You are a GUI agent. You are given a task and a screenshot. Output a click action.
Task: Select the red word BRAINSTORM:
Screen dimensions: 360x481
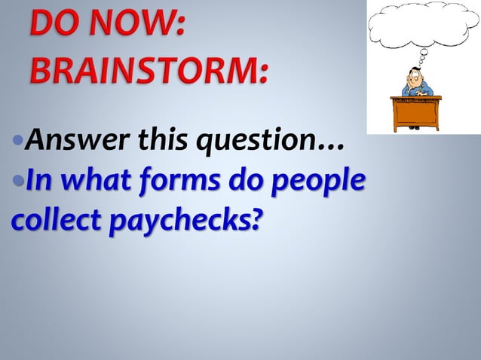[x=149, y=73]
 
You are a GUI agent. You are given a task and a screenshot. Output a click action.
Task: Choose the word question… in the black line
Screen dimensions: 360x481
[x=268, y=141]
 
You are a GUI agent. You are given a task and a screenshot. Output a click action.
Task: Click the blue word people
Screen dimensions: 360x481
[x=323, y=184]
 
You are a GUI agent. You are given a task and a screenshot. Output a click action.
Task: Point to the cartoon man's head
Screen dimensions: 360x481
[x=415, y=77]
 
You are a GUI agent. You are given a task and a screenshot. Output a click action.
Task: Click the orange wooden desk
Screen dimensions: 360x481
[x=417, y=111]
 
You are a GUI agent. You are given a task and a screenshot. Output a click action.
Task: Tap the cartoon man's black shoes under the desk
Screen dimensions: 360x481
[x=415, y=128]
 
